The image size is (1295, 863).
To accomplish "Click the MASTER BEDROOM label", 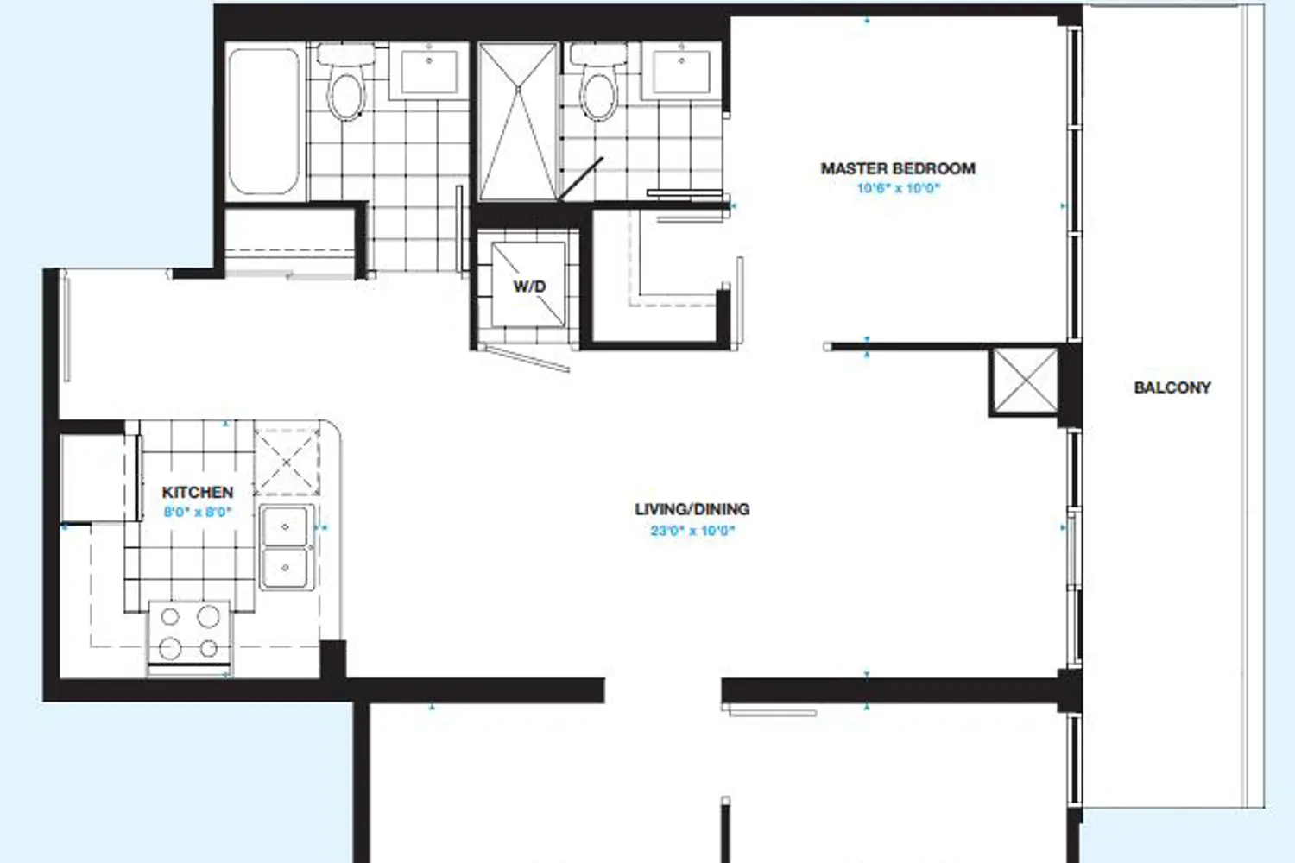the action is click(898, 169).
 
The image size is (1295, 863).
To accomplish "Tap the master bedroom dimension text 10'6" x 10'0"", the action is click(899, 188).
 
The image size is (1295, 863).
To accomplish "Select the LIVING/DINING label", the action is click(692, 509).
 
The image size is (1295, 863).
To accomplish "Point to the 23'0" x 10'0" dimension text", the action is click(692, 531).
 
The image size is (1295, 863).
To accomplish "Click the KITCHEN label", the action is click(198, 493).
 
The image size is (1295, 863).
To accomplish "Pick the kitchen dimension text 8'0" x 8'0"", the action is click(198, 512).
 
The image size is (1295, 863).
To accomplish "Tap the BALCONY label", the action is click(1172, 387).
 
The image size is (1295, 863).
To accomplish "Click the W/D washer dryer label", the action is click(529, 287).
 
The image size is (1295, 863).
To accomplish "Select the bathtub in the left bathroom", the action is click(264, 121).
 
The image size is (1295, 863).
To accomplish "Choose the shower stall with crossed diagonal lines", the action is click(517, 122).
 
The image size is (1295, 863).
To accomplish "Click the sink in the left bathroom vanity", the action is click(429, 72).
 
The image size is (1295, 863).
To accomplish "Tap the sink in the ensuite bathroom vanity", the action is click(681, 72).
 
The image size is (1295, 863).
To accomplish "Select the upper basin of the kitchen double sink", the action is click(284, 526).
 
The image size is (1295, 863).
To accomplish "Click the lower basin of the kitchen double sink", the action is click(284, 568).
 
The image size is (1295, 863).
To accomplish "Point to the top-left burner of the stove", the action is click(170, 617).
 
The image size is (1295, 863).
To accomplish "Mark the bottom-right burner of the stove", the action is click(209, 649).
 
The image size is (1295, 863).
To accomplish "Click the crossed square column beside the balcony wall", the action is click(1025, 381).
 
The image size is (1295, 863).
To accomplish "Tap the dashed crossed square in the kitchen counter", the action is click(287, 462).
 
